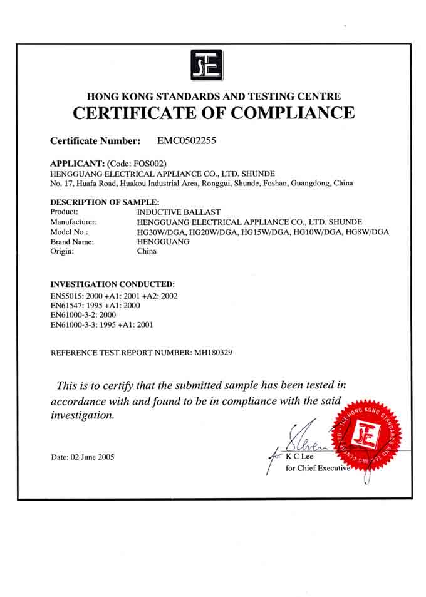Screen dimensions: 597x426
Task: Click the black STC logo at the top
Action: (x=207, y=65)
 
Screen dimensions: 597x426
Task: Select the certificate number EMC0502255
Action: (x=187, y=141)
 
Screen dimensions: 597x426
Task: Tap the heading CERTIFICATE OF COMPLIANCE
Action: (x=214, y=113)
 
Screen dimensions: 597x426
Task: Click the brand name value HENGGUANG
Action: (x=163, y=241)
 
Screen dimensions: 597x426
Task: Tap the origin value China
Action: (x=147, y=251)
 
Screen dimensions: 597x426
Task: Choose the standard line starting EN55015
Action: (x=114, y=296)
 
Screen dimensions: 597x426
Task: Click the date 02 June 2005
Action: (x=91, y=457)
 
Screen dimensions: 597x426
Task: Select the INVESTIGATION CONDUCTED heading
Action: (x=112, y=284)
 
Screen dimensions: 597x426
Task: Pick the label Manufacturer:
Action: (x=73, y=222)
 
